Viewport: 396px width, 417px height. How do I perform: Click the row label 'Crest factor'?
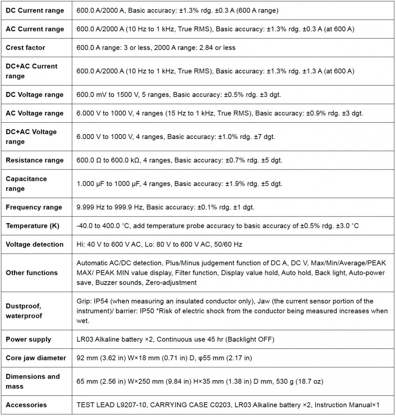[x=25, y=48]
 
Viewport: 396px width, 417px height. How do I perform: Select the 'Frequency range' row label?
[x=34, y=207]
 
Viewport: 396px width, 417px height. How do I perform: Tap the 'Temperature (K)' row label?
[x=32, y=226]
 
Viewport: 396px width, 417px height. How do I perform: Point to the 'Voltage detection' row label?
[x=34, y=244]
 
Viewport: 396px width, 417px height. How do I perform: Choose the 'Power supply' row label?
[x=28, y=339]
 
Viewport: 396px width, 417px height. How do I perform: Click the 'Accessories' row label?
[x=26, y=405]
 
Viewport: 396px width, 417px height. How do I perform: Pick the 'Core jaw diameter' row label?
[x=36, y=358]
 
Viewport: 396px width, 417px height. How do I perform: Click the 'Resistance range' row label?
[x=34, y=160]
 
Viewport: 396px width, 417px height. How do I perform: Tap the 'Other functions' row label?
[x=32, y=273]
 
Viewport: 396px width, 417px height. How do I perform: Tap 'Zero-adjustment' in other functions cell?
[x=171, y=283]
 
